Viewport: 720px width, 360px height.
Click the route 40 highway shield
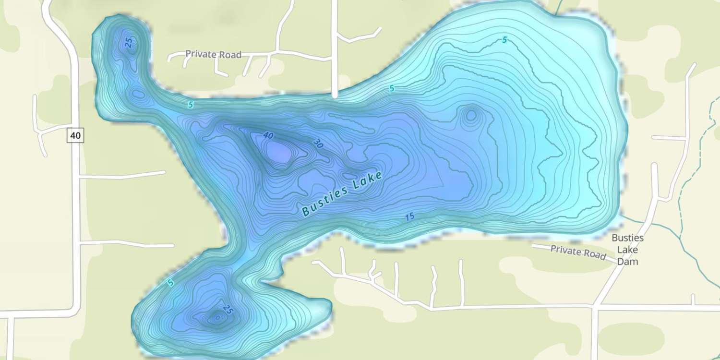pos(75,136)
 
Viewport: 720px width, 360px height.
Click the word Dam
pos(627,262)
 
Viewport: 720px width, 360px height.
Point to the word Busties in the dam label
pos(627,238)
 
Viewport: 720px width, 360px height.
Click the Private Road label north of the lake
pos(213,54)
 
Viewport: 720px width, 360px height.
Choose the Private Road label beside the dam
pos(578,252)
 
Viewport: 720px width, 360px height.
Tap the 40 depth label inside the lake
pos(268,136)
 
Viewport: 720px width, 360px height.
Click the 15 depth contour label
pos(409,217)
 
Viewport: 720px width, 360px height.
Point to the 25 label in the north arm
pos(128,43)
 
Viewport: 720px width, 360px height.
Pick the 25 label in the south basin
pos(228,311)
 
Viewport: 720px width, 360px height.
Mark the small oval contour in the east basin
pos(471,115)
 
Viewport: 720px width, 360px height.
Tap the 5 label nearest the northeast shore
pos(504,40)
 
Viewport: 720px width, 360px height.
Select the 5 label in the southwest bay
pos(170,283)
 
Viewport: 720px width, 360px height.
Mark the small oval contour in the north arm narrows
pos(138,94)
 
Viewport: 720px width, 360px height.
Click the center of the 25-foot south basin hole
pos(216,317)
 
